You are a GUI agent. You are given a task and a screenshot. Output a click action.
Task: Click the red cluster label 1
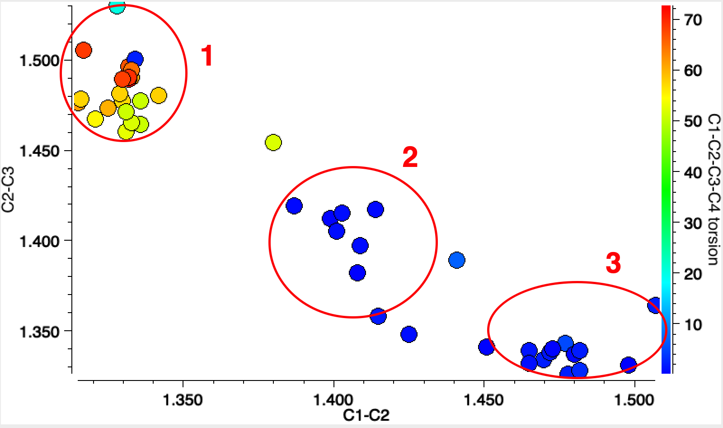207,56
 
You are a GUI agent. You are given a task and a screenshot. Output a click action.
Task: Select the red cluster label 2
410,157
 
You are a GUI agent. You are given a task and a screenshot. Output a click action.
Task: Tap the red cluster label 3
613,263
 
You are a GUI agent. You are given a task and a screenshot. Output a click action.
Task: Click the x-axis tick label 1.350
183,400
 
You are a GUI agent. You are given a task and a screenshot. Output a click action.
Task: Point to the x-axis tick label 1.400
333,400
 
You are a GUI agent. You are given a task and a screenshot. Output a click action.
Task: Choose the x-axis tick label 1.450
484,400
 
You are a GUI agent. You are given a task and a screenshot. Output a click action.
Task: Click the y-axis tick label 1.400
40,241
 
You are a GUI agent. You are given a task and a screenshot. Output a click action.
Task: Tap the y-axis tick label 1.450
40,151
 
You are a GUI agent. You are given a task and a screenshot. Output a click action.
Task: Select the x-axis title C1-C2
366,415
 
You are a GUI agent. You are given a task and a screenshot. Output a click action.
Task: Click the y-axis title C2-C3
9,190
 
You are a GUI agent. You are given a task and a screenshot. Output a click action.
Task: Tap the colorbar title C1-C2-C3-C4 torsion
714,190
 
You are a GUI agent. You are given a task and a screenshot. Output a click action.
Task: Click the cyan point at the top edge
117,7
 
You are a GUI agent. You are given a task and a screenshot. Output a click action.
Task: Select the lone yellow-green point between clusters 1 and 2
273,143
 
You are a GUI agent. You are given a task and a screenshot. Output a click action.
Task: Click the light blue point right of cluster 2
457,260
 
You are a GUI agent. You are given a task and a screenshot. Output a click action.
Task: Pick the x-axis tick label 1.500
635,400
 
